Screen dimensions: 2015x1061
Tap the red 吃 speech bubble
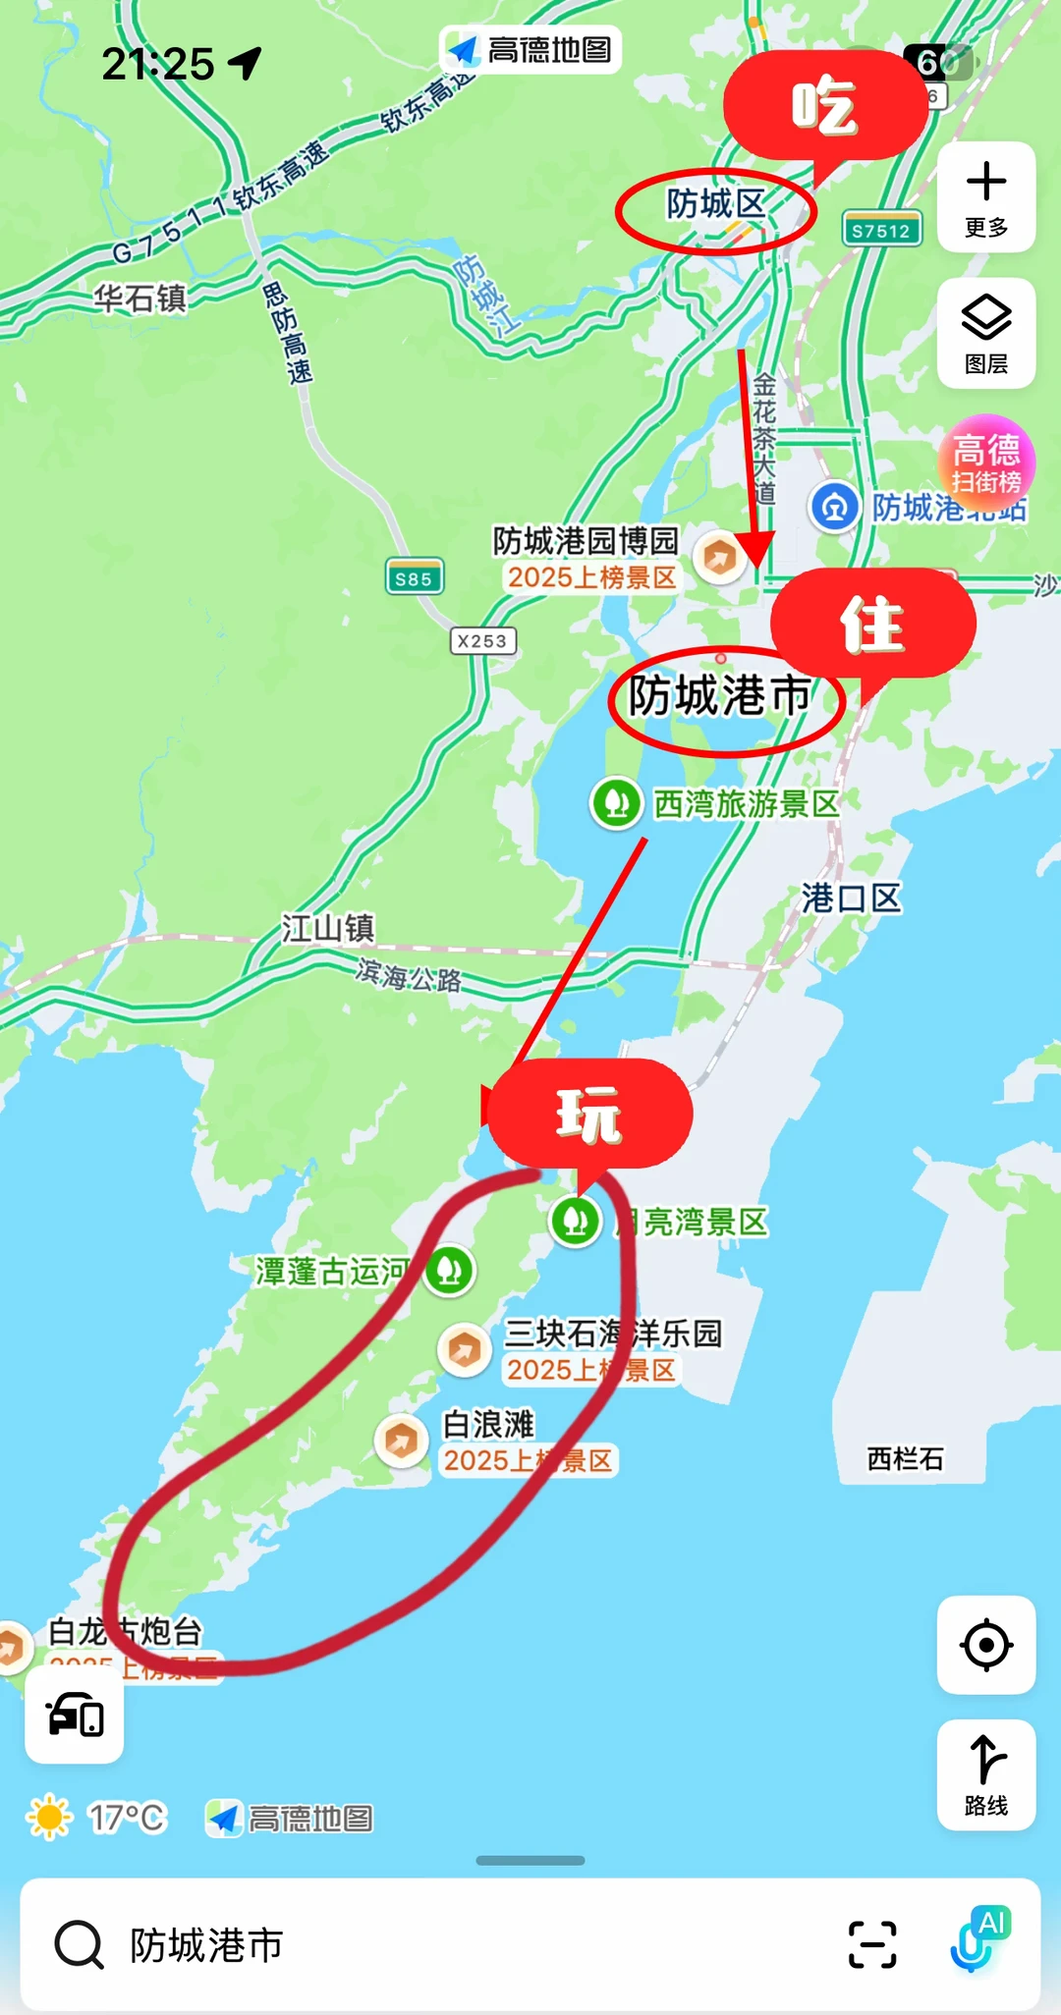(823, 106)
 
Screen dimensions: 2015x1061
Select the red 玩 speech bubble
(589, 1115)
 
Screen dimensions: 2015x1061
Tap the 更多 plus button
(985, 197)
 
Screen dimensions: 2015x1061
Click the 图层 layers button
(985, 333)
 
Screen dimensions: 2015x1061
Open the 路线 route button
(985, 1774)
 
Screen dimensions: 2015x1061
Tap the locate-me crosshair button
(985, 1645)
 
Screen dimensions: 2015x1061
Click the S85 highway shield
(414, 578)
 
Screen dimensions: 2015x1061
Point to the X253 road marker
(482, 641)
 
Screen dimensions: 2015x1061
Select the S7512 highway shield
(881, 231)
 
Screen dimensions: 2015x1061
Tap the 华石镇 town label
(140, 298)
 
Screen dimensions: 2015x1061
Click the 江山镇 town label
(328, 928)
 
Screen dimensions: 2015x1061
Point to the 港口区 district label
(851, 898)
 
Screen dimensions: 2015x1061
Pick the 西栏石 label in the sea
(905, 1459)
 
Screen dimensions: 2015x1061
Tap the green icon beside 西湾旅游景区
(617, 803)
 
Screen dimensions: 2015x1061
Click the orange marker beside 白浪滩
(401, 1441)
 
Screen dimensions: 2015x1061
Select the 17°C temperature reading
(127, 1818)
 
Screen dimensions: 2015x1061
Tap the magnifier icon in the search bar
(79, 1944)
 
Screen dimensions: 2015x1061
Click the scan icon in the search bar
(872, 1944)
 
